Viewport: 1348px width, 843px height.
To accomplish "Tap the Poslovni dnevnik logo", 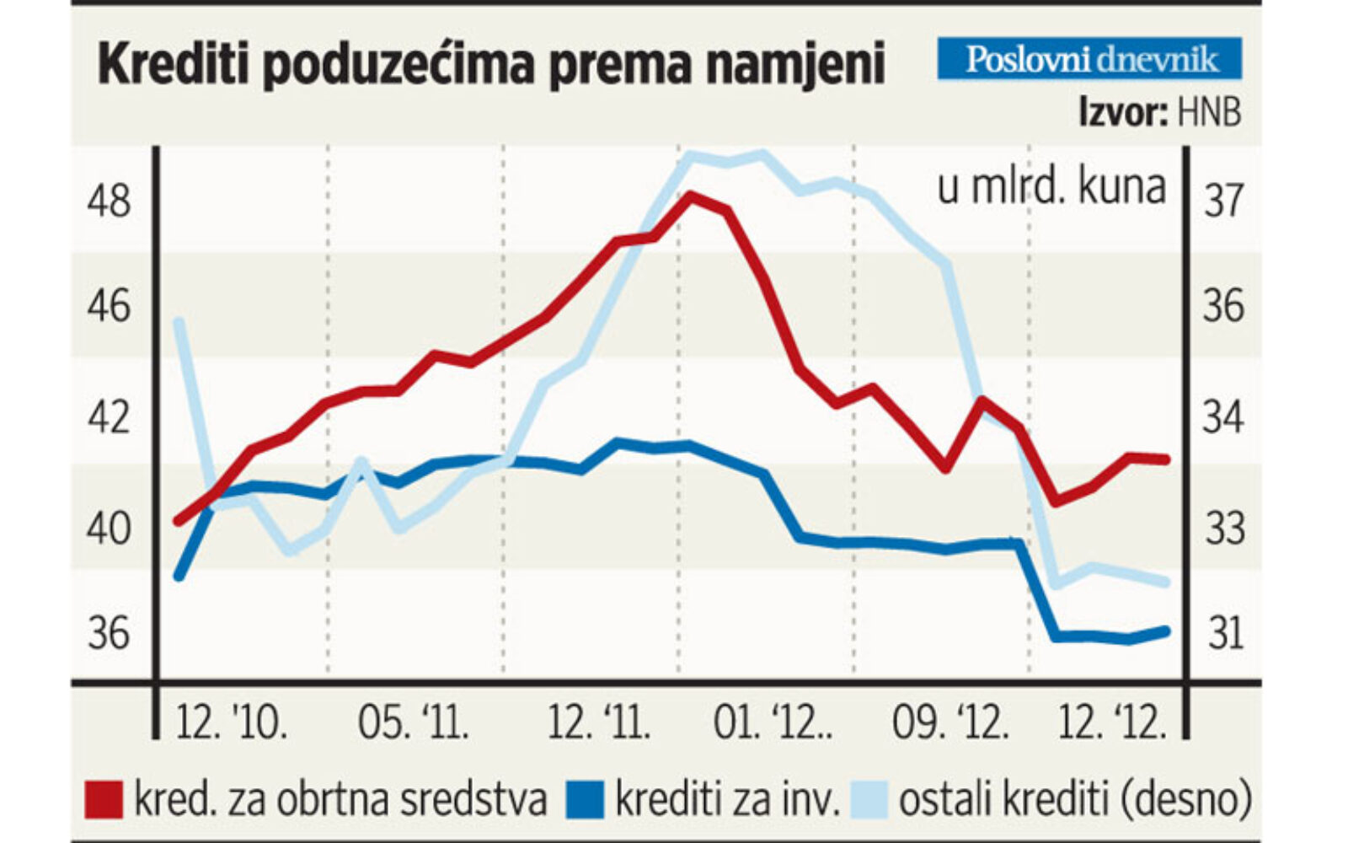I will pyautogui.click(x=1090, y=59).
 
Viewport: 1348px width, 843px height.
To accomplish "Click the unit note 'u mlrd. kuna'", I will pyautogui.click(x=1051, y=187).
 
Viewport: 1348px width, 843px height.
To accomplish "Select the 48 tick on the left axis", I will pyautogui.click(x=110, y=201).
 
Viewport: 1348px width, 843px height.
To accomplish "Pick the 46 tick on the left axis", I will pyautogui.click(x=110, y=306).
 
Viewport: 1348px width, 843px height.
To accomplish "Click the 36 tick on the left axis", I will pyautogui.click(x=110, y=633).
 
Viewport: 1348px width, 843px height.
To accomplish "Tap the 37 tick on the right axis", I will pyautogui.click(x=1223, y=201).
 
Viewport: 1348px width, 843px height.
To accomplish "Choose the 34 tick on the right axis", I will pyautogui.click(x=1223, y=417).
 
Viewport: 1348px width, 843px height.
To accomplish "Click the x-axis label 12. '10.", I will pyautogui.click(x=231, y=723).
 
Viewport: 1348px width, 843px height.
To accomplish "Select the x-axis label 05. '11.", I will pyautogui.click(x=413, y=723).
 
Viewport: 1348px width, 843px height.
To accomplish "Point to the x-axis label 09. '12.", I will pyautogui.click(x=950, y=723).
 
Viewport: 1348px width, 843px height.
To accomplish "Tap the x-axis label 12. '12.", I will pyautogui.click(x=1112, y=723).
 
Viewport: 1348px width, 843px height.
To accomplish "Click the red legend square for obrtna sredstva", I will pyautogui.click(x=104, y=800).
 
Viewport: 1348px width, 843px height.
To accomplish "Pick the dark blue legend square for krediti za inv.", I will pyautogui.click(x=586, y=800).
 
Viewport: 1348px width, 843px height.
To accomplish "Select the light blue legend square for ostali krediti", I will pyautogui.click(x=869, y=800).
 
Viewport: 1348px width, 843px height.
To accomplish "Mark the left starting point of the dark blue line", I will pyautogui.click(x=179, y=576).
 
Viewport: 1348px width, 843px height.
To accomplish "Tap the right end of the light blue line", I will pyautogui.click(x=1166, y=582).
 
